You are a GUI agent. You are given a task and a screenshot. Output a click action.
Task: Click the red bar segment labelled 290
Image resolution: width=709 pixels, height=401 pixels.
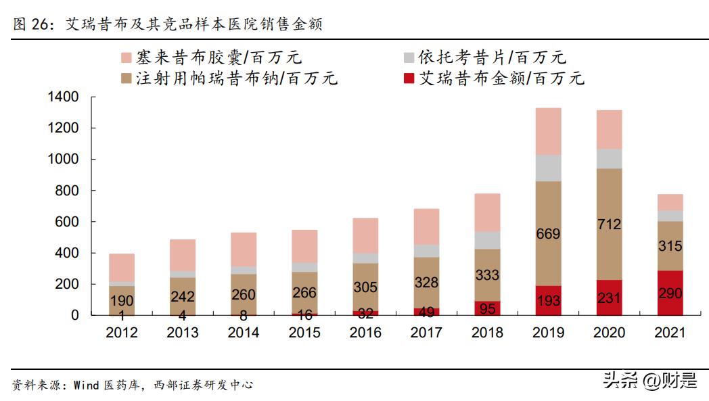[670, 293]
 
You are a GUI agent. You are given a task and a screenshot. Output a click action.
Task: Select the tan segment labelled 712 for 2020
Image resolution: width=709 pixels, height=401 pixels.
[609, 224]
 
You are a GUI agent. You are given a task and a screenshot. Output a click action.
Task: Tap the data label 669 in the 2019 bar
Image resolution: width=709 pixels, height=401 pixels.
[548, 234]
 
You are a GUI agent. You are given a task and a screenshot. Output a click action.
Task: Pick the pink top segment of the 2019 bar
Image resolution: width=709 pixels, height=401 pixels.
[548, 131]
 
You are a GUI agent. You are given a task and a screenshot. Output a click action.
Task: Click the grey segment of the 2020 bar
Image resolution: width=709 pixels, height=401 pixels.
[609, 158]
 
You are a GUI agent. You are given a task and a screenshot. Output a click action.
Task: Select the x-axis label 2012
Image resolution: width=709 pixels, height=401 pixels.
[122, 333]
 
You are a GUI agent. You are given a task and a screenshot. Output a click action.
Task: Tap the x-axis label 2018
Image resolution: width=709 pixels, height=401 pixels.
[487, 333]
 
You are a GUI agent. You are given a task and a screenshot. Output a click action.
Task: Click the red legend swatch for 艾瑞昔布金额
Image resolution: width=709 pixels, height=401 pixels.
[408, 78]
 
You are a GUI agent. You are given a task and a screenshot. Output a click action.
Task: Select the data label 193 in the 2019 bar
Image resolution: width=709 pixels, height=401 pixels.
[548, 300]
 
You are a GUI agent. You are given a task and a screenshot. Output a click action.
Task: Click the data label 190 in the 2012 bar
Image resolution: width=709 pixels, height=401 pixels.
[122, 300]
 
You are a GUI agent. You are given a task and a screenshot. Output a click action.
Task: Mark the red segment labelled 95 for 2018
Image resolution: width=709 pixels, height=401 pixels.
[487, 308]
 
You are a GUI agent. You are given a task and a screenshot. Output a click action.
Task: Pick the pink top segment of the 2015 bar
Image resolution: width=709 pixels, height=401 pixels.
[304, 246]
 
